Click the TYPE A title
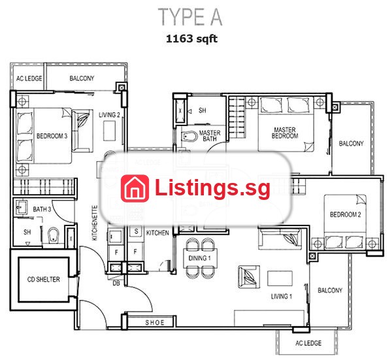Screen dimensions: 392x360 pyautogui.click(x=190, y=17)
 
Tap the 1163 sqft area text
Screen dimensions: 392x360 pyautogui.click(x=191, y=39)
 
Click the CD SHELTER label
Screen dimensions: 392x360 pyautogui.click(x=44, y=279)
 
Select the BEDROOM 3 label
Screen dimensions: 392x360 pyautogui.click(x=52, y=136)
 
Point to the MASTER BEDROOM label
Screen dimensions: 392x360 pyautogui.click(x=285, y=133)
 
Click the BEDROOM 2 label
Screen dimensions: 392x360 pyautogui.click(x=346, y=214)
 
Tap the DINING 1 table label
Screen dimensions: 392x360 pyautogui.click(x=199, y=258)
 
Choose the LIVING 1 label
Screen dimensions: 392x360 pyautogui.click(x=282, y=297)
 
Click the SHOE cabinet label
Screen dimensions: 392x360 pyautogui.click(x=155, y=323)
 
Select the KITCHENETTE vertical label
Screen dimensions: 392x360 pyautogui.click(x=95, y=223)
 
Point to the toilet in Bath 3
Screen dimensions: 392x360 pyautogui.click(x=53, y=235)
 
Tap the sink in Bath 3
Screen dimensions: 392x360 pyautogui.click(x=22, y=207)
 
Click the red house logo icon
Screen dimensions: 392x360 pyautogui.click(x=135, y=188)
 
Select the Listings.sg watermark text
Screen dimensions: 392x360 pyautogui.click(x=212, y=188)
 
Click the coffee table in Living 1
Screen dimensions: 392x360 pyautogui.click(x=280, y=278)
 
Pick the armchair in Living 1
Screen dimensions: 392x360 pyautogui.click(x=249, y=276)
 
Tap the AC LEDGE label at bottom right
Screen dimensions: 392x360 pyautogui.click(x=308, y=343)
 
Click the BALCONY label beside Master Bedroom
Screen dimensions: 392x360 pyautogui.click(x=351, y=144)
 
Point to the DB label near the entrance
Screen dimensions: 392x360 pyautogui.click(x=116, y=284)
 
